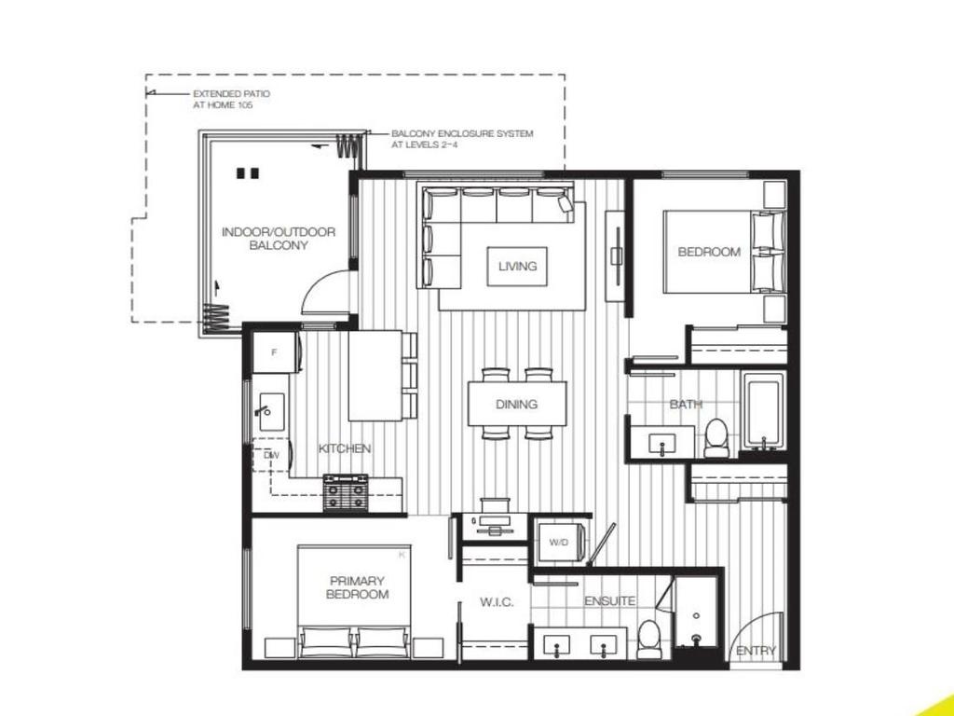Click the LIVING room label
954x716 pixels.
[x=517, y=266]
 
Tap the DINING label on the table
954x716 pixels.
[x=516, y=404]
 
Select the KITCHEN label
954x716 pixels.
[x=345, y=448]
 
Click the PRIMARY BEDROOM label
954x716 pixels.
[x=357, y=587]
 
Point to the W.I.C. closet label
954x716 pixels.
[x=497, y=602]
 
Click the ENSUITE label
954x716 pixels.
[x=610, y=601]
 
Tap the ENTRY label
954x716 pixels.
[x=755, y=651]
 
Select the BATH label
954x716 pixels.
[x=686, y=405]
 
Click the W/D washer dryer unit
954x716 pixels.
[x=559, y=542]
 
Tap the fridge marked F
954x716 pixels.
[x=274, y=352]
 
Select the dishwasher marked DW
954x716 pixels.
[x=271, y=455]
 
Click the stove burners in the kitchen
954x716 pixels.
[x=347, y=492]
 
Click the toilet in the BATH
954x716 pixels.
[x=715, y=436]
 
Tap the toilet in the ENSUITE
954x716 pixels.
[x=649, y=638]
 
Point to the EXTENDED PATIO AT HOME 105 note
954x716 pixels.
[x=224, y=100]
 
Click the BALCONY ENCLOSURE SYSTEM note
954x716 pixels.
[x=462, y=139]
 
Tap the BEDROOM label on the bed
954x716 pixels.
[x=709, y=252]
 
